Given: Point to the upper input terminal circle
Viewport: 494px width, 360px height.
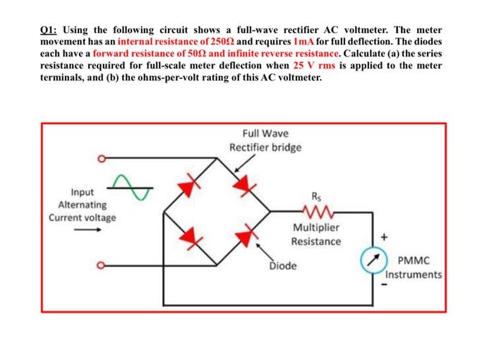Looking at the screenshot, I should coord(102,159).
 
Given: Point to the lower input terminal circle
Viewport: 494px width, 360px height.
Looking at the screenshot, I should coord(102,266).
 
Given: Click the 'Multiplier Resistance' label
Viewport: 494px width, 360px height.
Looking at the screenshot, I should coord(315,234).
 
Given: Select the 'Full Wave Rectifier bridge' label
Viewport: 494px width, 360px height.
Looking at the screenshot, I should coord(265,140).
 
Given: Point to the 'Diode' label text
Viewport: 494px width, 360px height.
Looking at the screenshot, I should coord(282,266).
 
